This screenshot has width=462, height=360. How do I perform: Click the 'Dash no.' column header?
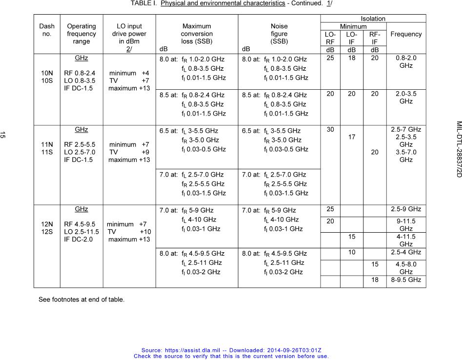(47, 30)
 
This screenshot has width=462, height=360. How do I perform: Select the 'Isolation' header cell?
(373, 19)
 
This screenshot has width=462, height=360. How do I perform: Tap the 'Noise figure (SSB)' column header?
(279, 34)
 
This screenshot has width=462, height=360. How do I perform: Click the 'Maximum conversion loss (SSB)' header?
(197, 34)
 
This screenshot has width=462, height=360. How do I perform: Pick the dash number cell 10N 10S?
(47, 77)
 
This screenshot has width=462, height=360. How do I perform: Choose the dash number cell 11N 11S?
(47, 148)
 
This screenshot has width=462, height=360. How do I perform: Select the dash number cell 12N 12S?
(47, 228)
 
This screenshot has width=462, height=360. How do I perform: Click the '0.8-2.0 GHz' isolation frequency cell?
(406, 61)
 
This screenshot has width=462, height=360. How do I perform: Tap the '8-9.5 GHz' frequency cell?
(406, 280)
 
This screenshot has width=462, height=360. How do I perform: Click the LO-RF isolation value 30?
(330, 130)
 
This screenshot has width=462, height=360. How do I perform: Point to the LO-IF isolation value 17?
(351, 138)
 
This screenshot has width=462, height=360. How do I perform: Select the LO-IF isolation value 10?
(351, 252)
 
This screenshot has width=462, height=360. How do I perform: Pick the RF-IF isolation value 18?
(374, 280)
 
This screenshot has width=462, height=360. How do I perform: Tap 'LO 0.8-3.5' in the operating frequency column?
(80, 81)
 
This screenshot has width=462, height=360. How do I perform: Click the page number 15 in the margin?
(3, 135)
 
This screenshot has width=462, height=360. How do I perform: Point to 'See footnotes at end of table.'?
(81, 300)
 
